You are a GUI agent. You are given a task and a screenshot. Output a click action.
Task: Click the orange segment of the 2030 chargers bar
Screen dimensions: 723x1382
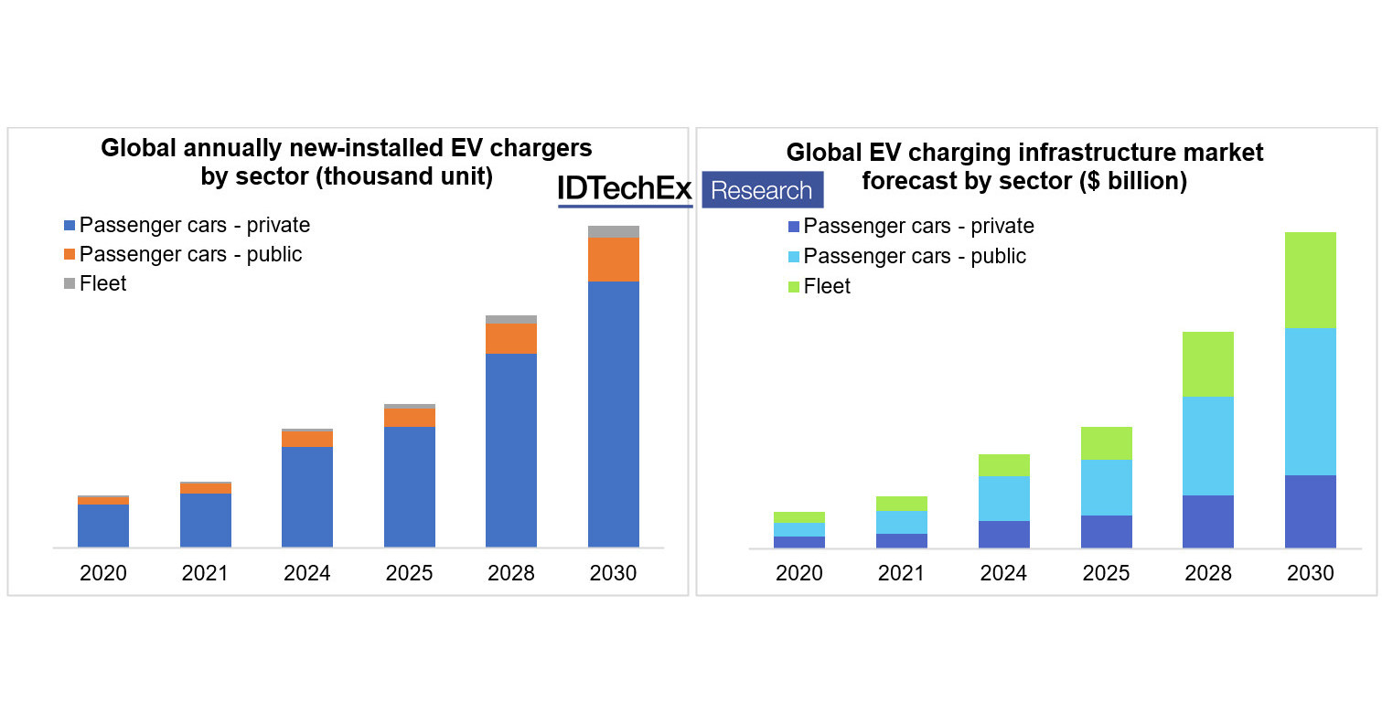point(613,259)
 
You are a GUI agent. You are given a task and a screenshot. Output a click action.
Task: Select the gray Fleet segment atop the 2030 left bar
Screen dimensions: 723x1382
point(613,231)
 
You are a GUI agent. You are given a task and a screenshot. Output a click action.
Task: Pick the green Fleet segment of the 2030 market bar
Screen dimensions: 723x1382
point(1310,280)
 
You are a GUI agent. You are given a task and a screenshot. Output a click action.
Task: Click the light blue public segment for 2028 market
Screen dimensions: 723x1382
point(1207,445)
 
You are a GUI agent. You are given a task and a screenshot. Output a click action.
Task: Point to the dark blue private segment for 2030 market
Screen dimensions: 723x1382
point(1310,511)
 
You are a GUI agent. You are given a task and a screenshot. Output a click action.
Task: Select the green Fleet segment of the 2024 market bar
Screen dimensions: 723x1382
point(1003,465)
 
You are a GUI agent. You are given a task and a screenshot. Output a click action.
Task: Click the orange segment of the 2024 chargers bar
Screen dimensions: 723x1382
point(306,439)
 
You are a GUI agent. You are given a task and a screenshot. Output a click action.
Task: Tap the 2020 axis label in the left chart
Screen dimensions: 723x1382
point(102,574)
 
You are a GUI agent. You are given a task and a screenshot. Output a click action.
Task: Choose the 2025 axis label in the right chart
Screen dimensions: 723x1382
point(1106,574)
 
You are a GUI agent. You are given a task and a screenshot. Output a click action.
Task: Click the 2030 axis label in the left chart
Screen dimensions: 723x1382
point(613,574)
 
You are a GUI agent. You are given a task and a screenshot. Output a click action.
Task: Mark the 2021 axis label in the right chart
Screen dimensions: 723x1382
point(901,574)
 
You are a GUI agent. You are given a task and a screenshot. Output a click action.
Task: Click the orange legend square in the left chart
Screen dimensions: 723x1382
point(70,255)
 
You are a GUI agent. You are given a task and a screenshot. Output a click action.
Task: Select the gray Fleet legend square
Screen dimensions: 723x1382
point(70,284)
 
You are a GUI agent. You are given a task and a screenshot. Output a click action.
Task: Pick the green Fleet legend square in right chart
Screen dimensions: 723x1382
point(793,287)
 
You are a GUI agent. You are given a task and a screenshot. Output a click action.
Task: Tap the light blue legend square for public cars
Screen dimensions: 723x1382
point(793,257)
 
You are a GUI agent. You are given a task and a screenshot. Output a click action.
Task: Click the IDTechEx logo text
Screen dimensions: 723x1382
point(625,189)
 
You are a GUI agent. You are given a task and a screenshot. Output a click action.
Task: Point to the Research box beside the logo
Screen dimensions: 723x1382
point(762,190)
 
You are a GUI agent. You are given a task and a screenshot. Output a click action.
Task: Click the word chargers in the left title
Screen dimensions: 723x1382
point(534,148)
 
